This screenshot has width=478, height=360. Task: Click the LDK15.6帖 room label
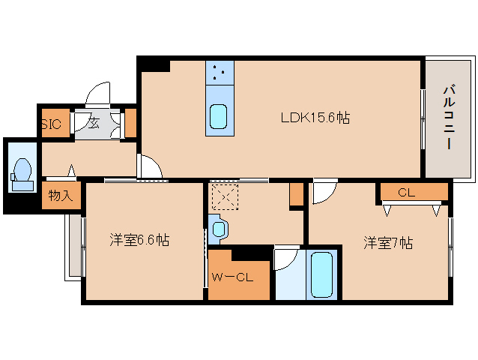(x=315, y=118)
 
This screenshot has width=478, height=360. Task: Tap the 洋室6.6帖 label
(x=139, y=240)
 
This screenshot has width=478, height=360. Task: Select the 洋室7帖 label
(x=388, y=243)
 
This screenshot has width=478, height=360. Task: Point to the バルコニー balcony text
(x=449, y=118)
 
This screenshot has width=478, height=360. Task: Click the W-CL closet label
(x=232, y=277)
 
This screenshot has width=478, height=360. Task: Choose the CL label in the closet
(x=406, y=193)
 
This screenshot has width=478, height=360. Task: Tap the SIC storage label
(x=51, y=124)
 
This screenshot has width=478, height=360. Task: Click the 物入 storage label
(x=61, y=195)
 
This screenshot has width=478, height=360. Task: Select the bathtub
(x=321, y=274)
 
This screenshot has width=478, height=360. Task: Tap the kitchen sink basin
(x=218, y=117)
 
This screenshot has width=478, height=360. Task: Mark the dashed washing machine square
(x=225, y=196)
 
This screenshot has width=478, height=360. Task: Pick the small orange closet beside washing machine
(x=296, y=194)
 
